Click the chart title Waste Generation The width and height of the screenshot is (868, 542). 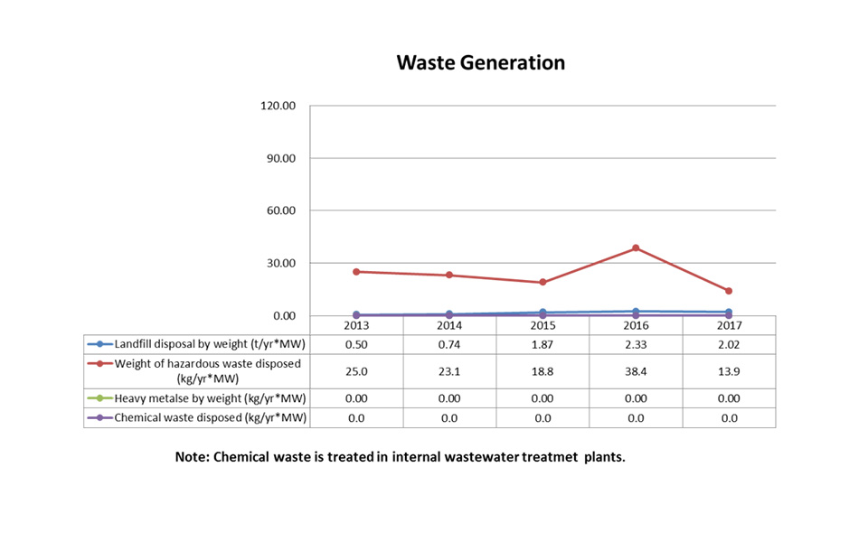481,62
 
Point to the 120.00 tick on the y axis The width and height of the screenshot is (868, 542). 277,106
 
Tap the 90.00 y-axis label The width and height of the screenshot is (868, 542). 279,158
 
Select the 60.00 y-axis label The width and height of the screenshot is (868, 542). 279,210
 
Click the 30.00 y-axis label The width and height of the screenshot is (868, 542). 279,263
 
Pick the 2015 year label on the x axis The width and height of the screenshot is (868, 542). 542,324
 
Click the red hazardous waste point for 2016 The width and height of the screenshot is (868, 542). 636,248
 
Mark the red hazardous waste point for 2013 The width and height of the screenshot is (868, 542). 356,272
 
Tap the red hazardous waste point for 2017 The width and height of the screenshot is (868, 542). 729,291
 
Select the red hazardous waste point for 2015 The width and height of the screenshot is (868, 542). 542,283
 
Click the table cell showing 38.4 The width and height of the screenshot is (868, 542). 636,370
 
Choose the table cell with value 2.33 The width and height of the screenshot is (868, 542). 636,344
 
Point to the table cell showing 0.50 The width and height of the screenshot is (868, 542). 356,344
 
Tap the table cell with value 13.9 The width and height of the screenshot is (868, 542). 729,370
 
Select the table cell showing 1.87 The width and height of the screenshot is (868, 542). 542,344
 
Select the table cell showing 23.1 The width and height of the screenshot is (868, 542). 449,370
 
